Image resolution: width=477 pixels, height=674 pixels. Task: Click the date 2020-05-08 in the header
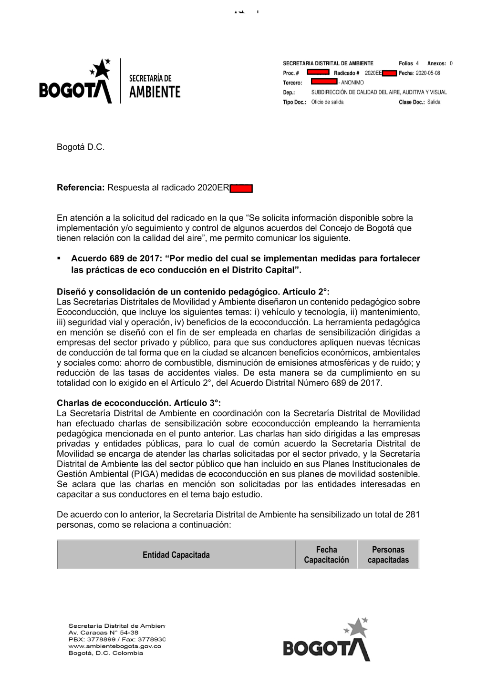(x=428, y=73)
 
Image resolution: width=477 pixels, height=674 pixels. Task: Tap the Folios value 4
(x=417, y=63)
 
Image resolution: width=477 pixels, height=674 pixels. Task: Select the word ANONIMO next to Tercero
(x=352, y=83)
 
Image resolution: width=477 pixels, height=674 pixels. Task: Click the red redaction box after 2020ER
(x=241, y=189)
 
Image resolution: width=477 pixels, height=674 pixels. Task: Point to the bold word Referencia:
(x=81, y=188)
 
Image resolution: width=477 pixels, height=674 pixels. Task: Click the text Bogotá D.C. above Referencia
(x=81, y=147)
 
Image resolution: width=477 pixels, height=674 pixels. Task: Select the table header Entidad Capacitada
(x=176, y=555)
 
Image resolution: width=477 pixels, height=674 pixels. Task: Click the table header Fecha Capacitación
(x=326, y=555)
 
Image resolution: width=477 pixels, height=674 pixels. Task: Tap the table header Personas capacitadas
(x=388, y=555)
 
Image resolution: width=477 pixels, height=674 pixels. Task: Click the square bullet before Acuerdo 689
(x=59, y=259)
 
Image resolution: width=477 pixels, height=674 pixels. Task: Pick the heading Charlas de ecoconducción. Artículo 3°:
(x=139, y=403)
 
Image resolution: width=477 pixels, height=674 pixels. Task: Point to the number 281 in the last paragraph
(x=413, y=515)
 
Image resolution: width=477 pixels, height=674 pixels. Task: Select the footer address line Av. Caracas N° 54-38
(x=104, y=633)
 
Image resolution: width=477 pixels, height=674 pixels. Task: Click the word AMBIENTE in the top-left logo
(x=155, y=92)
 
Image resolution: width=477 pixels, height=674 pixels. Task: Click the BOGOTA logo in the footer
(x=327, y=641)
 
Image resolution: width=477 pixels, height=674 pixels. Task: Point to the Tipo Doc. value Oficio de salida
(x=327, y=102)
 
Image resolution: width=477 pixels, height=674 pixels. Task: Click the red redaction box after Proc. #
(x=318, y=72)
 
